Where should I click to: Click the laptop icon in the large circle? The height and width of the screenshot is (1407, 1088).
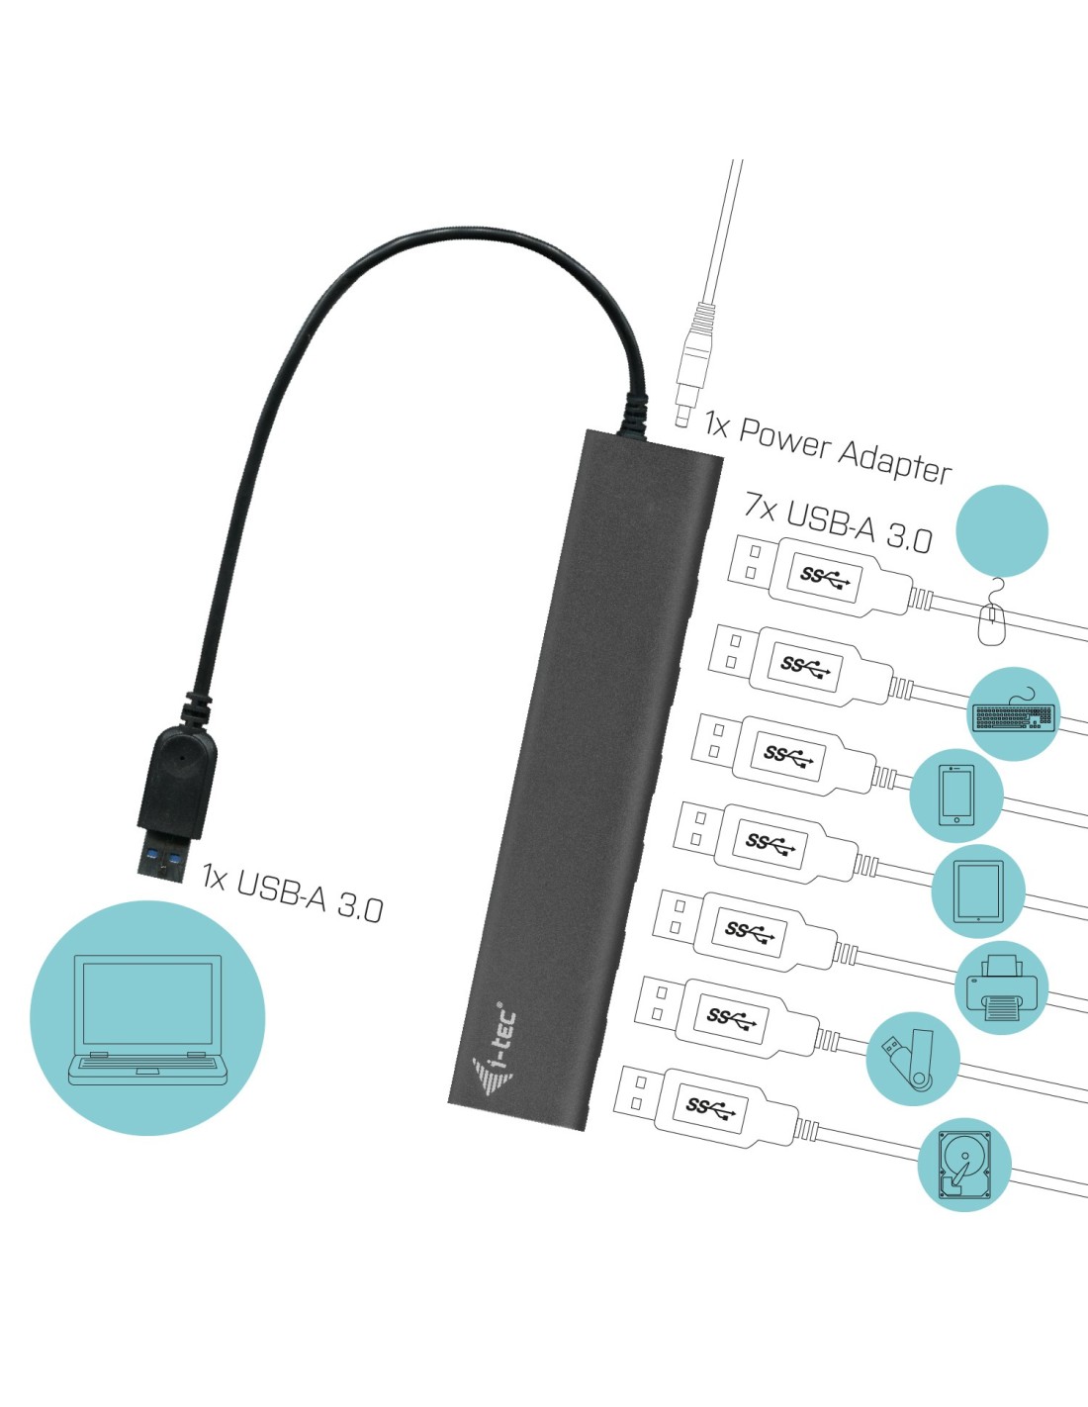point(147,1019)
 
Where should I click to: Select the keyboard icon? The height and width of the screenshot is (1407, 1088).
point(1014,714)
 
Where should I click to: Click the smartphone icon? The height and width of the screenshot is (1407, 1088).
point(956,794)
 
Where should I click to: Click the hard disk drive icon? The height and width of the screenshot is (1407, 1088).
point(963,1165)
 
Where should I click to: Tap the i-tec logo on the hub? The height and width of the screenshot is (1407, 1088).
point(495,1054)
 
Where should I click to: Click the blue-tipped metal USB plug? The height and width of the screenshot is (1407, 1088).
point(161,860)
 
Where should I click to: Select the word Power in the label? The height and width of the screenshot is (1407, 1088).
point(784,437)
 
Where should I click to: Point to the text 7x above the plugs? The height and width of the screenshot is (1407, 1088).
point(761,507)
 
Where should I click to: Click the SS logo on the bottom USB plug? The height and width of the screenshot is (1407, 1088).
point(709,1107)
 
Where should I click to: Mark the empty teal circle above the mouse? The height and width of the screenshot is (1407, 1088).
point(1003,529)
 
